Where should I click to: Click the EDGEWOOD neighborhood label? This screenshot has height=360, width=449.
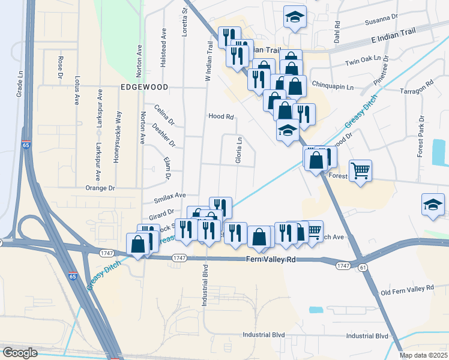[144, 87]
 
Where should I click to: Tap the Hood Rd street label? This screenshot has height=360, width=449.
[220, 117]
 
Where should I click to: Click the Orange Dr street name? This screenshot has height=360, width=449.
[100, 188]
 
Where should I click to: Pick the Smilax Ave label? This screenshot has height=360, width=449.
[170, 196]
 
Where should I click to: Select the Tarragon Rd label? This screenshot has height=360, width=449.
[417, 88]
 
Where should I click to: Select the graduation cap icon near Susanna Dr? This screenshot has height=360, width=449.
[295, 18]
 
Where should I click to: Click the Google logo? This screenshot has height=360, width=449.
[20, 353]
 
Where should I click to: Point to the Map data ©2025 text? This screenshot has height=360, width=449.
[423, 355]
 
